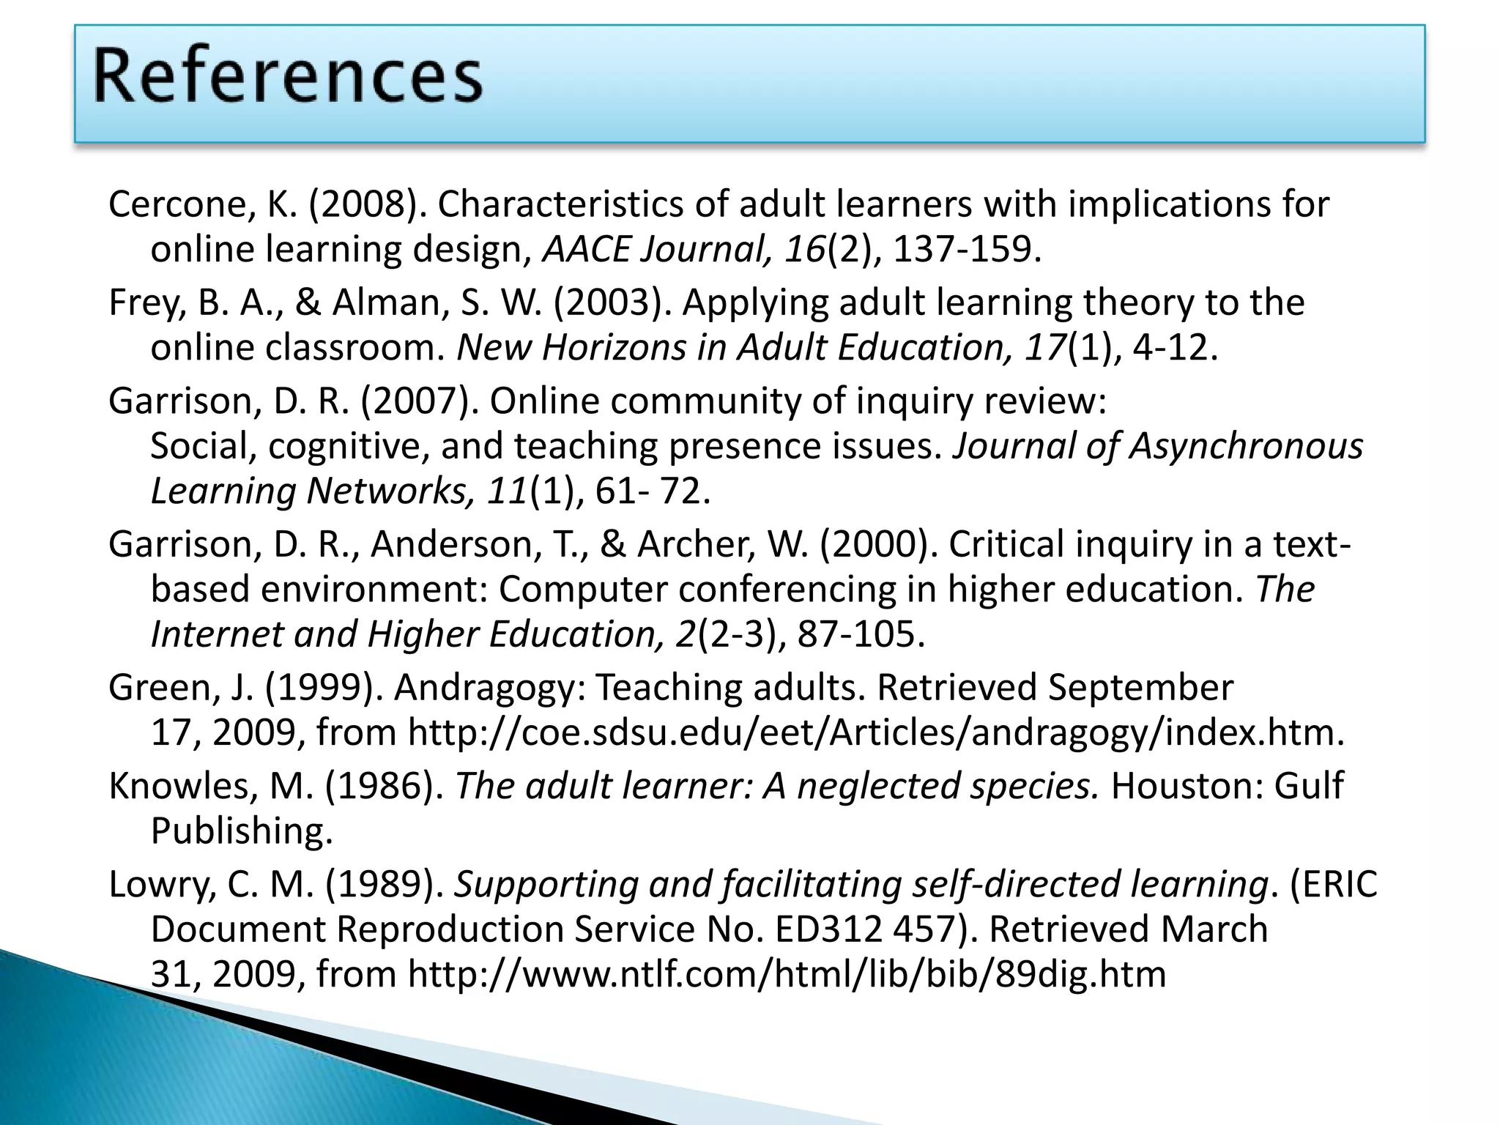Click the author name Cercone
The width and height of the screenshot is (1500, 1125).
[x=179, y=204]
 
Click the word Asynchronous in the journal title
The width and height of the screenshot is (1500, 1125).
[x=1246, y=446]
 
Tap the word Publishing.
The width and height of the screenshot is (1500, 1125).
[x=242, y=831]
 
